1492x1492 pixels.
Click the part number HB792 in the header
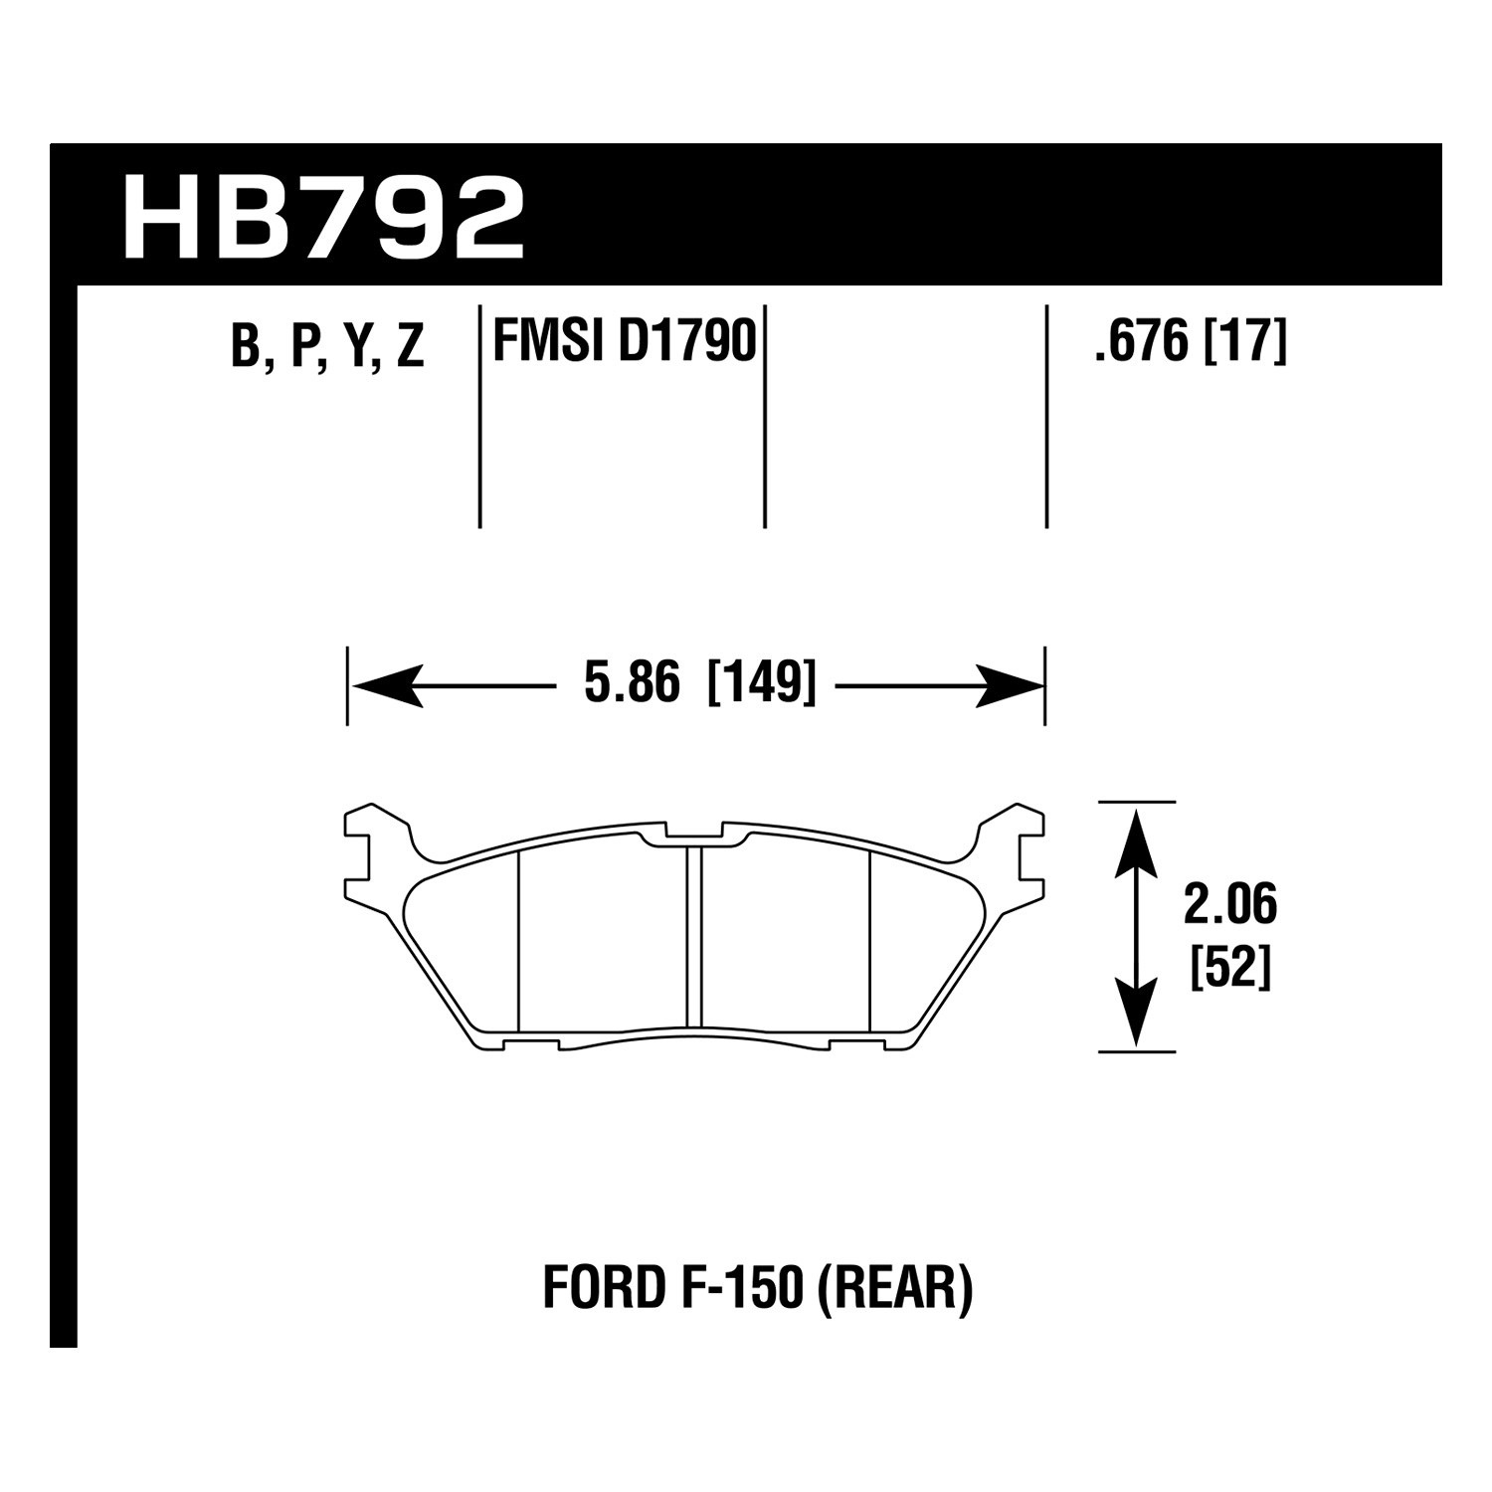pyautogui.click(x=322, y=218)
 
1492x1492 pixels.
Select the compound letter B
pyautogui.click(x=245, y=347)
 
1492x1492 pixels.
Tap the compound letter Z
pyautogui.click(x=410, y=347)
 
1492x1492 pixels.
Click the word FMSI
pyautogui.click(x=550, y=341)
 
